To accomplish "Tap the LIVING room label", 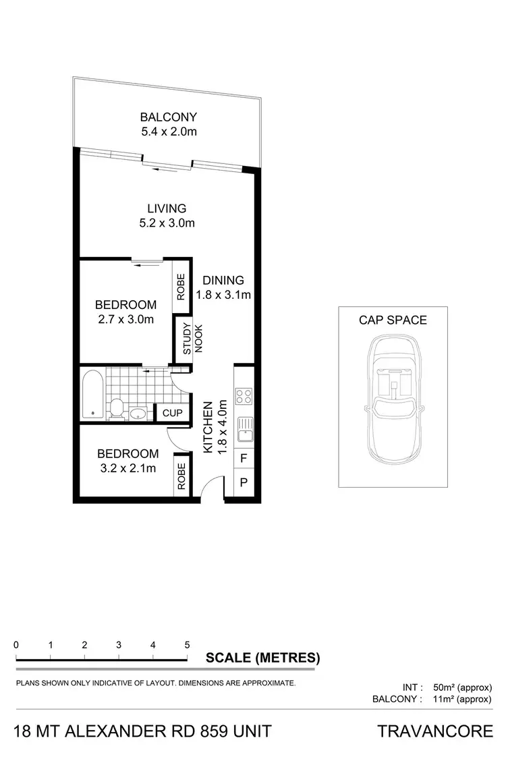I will tap(167, 208).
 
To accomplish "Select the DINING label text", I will tap(223, 281).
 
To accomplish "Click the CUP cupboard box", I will tap(172, 413).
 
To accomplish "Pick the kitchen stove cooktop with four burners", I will tap(244, 396).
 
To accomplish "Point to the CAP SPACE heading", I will tap(393, 320).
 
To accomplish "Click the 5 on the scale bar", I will tap(187, 644).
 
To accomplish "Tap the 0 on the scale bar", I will tap(16, 644).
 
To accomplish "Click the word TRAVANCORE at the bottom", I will tap(435, 731).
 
